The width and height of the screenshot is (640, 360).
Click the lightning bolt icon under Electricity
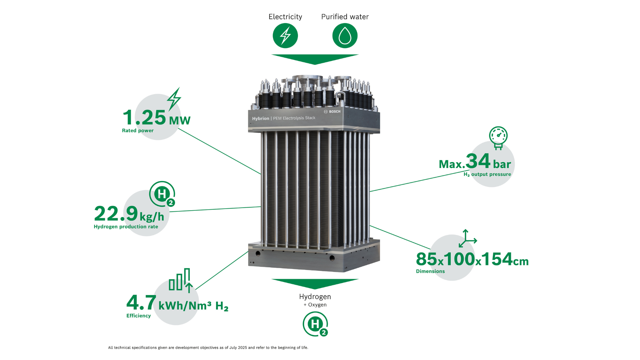tap(285, 36)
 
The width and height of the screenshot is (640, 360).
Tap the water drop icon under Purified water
tap(345, 36)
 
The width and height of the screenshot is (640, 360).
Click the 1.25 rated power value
tap(144, 117)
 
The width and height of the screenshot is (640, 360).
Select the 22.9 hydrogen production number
tap(116, 213)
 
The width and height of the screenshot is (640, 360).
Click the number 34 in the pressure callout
tap(478, 161)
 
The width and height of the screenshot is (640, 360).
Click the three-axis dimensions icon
tap(468, 238)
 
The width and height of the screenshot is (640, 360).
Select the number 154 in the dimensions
tap(497, 259)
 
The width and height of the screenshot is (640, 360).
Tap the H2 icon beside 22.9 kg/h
tap(162, 194)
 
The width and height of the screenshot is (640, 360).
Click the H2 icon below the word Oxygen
tap(315, 324)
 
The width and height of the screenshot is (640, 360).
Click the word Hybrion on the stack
tap(260, 119)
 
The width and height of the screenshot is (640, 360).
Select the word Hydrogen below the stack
tap(315, 297)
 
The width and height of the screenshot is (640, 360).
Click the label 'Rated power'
tap(138, 131)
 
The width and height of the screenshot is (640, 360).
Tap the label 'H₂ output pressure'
tap(487, 174)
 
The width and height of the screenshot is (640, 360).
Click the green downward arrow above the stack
tap(315, 59)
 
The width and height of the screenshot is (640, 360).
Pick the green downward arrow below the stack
tap(315, 284)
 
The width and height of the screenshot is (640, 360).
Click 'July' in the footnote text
tap(233, 348)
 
